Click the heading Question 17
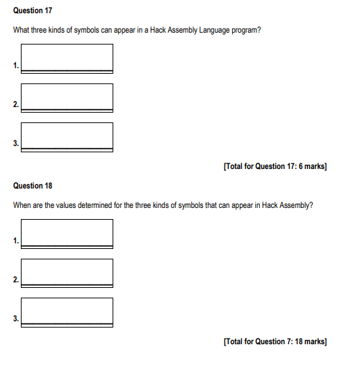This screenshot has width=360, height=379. tap(33, 12)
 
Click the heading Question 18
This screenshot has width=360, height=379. tap(33, 186)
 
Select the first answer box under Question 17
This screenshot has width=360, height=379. tap(67, 58)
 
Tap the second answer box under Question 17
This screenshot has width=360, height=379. tap(67, 97)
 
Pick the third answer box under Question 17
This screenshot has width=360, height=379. tap(67, 136)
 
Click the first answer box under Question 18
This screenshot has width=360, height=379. tap(67, 232)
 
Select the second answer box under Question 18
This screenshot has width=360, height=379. tap(67, 272)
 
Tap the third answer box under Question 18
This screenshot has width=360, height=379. tap(67, 311)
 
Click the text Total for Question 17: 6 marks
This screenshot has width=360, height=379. tap(275, 166)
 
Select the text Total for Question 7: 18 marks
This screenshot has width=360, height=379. tap(275, 341)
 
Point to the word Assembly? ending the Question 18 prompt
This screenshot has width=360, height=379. tap(295, 206)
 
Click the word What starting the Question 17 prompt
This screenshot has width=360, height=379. tap(22, 32)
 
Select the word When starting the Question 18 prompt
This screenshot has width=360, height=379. tap(22, 206)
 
